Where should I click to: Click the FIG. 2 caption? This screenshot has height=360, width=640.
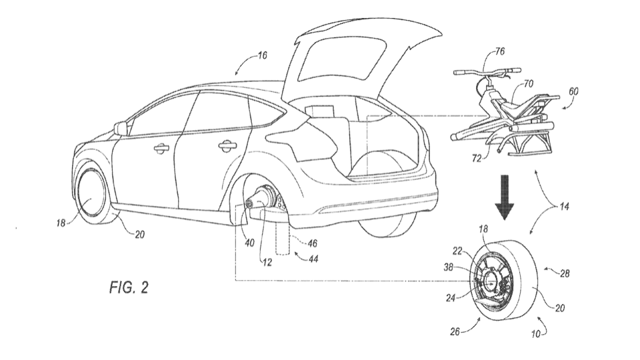pyautogui.click(x=129, y=288)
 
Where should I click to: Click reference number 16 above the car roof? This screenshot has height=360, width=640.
pyautogui.click(x=262, y=55)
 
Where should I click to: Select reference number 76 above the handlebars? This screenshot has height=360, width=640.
pyautogui.click(x=499, y=51)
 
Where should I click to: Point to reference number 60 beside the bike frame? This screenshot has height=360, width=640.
pyautogui.click(x=573, y=91)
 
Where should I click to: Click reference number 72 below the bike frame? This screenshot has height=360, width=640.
pyautogui.click(x=476, y=158)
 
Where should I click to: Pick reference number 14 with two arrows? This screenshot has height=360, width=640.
pyautogui.click(x=564, y=206)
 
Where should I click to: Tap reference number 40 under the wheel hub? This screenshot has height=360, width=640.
pyautogui.click(x=249, y=243)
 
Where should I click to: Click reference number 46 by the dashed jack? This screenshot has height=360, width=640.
pyautogui.click(x=312, y=244)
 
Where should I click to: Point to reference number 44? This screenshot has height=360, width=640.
pyautogui.click(x=313, y=259)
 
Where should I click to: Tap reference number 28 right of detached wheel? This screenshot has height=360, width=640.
pyautogui.click(x=564, y=273)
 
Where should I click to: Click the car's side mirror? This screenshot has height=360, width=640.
pyautogui.click(x=121, y=128)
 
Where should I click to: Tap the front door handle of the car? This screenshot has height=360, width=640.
pyautogui.click(x=163, y=149)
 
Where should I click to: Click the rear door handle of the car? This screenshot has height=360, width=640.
pyautogui.click(x=226, y=144)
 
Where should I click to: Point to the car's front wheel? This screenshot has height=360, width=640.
pyautogui.click(x=92, y=193)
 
